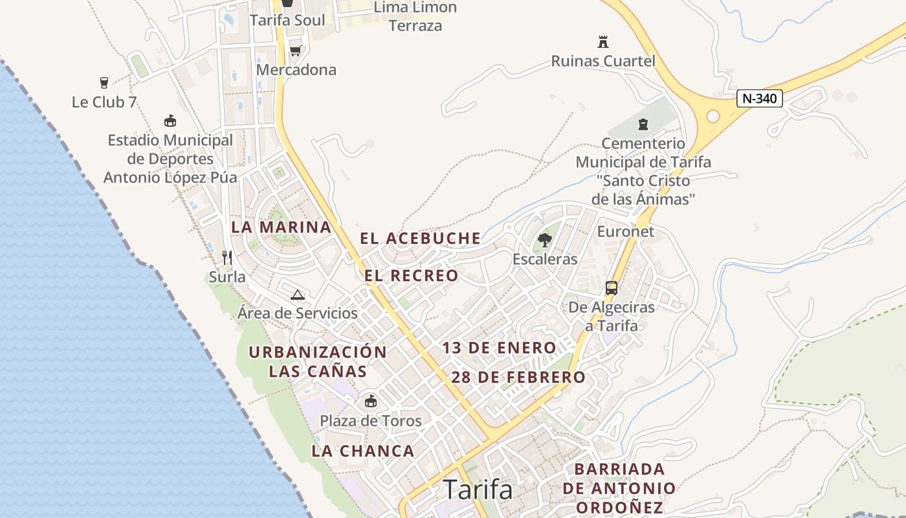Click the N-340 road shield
pos(760,99)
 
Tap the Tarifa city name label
pos(478,490)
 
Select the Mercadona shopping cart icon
pos(296,50)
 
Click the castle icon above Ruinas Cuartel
pos(603,43)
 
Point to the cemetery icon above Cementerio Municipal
pos(643,124)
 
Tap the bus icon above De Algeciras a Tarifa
pos(612,287)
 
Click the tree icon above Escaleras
pos(544,241)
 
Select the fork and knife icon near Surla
pos(227,258)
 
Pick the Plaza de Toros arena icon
pos(370,401)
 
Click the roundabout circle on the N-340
pos(713,117)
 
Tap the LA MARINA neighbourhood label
pos(282,227)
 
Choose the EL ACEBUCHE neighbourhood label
pos(421,238)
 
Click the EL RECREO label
pos(412,276)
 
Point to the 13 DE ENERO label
pos(499,348)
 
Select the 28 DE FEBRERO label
pos(518,377)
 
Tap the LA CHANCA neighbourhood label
pos(363,451)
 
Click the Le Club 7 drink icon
pos(104,82)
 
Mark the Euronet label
pos(626,231)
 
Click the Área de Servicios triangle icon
pos(298,295)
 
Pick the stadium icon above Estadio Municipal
pos(170,120)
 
